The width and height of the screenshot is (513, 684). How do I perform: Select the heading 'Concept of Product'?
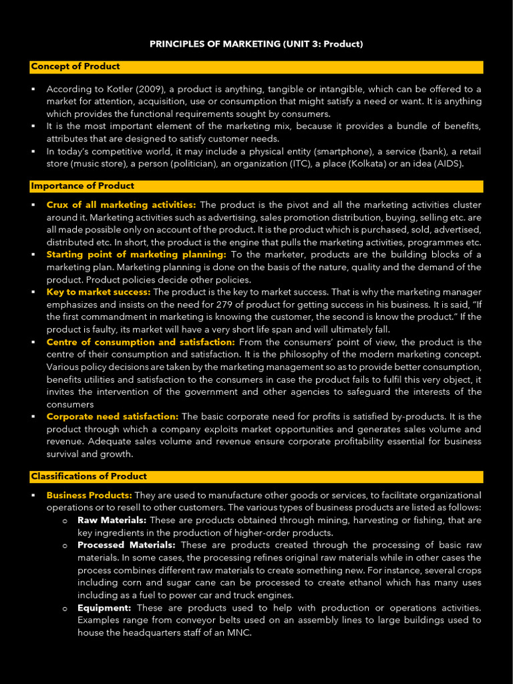(75, 66)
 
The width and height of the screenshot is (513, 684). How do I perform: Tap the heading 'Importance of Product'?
(82, 186)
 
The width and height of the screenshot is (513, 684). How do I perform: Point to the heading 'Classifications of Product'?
(89, 476)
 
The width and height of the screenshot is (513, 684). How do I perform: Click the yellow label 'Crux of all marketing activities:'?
(121, 204)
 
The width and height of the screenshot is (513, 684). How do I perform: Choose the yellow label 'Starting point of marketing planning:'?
(136, 254)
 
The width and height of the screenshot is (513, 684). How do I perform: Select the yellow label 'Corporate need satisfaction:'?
(112, 416)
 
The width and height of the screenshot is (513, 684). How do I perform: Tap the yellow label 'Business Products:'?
(89, 495)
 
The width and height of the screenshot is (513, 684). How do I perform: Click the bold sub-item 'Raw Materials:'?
(112, 520)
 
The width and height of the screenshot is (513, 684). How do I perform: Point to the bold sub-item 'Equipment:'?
(104, 608)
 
